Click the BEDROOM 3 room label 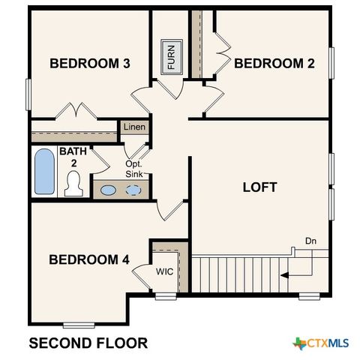coord(90,64)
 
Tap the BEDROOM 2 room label coord(274,64)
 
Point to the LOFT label coord(259,187)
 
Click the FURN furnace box coord(171,55)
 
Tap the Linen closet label coord(134,127)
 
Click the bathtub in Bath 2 coord(45,172)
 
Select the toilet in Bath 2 coord(73,183)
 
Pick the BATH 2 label coord(73,157)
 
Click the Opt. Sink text coord(134,169)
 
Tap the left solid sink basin coord(109,190)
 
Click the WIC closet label coord(165,271)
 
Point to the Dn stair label coord(310,241)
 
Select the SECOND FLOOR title coord(88,343)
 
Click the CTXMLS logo coord(321,343)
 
